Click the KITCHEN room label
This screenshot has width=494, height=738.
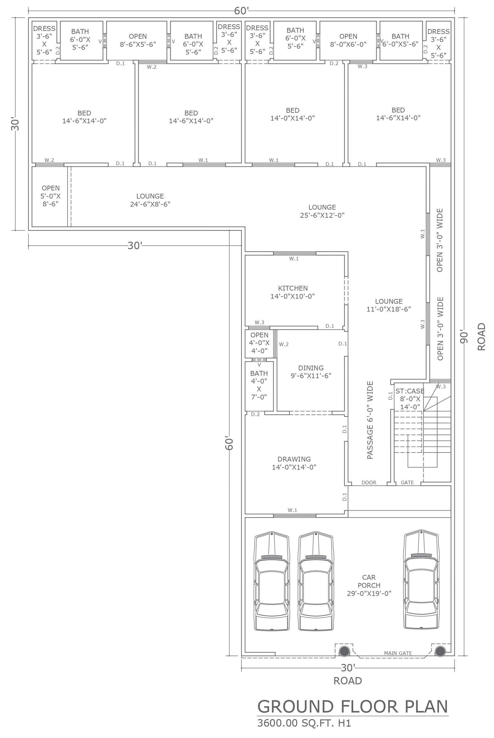click(293, 292)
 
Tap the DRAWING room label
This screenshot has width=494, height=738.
click(294, 463)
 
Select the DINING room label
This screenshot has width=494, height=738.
click(311, 372)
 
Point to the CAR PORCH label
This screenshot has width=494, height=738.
click(369, 585)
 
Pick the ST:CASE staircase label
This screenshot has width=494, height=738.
click(410, 399)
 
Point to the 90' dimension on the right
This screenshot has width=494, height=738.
click(464, 336)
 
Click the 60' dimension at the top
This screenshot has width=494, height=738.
click(242, 11)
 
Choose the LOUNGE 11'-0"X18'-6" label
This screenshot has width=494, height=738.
click(389, 305)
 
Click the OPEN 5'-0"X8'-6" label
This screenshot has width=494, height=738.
click(50, 196)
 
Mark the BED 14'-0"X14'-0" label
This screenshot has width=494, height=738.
click(293, 114)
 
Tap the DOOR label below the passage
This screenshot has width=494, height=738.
click(369, 482)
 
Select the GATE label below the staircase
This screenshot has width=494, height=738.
click(407, 482)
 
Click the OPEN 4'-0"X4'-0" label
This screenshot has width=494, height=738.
click(259, 343)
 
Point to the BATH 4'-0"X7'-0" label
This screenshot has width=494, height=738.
click(259, 385)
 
